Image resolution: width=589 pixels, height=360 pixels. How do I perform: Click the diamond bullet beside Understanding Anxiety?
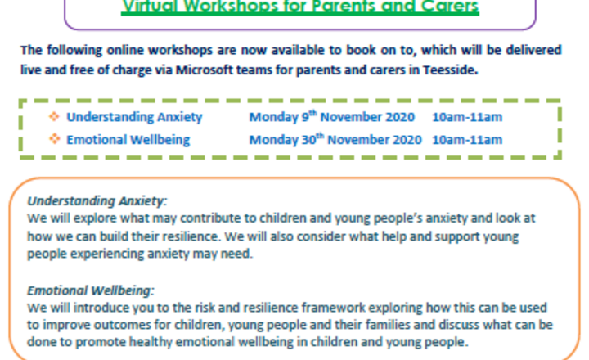click(x=55, y=116)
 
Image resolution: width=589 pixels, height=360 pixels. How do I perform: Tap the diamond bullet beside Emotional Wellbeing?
click(x=55, y=139)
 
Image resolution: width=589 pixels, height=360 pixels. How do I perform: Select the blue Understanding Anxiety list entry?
click(x=134, y=117)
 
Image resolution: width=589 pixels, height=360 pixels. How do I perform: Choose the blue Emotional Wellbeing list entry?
click(x=128, y=140)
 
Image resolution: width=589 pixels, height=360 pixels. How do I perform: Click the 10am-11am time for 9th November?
click(x=467, y=117)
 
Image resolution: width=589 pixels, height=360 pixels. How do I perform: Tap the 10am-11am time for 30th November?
click(x=467, y=140)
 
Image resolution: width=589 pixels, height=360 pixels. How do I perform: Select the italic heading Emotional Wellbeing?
click(x=91, y=290)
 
